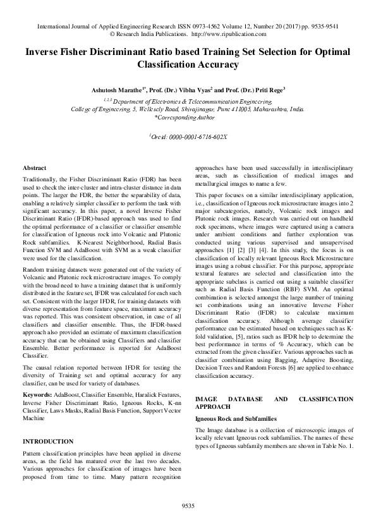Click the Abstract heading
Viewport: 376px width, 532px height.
(34, 168)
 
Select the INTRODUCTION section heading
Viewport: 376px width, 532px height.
(47, 441)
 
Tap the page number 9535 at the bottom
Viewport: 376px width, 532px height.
(188, 506)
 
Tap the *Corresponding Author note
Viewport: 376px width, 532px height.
(188, 117)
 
